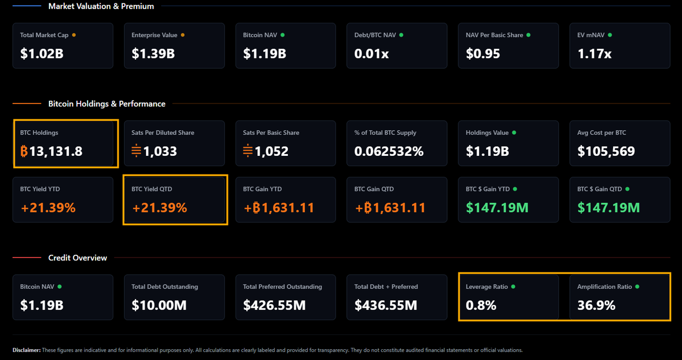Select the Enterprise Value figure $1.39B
click(153, 54)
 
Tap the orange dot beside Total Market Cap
click(74, 35)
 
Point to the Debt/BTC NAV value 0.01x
click(371, 54)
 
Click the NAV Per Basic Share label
click(494, 35)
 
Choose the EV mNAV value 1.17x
click(594, 54)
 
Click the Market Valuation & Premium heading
click(101, 6)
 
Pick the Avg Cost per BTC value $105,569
click(606, 152)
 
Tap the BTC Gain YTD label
click(262, 189)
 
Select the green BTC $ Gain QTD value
click(609, 208)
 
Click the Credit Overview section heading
click(77, 258)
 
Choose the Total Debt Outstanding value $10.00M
click(159, 305)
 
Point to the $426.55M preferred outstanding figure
click(274, 305)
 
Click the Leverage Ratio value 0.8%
click(481, 305)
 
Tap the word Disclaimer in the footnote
click(26, 350)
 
